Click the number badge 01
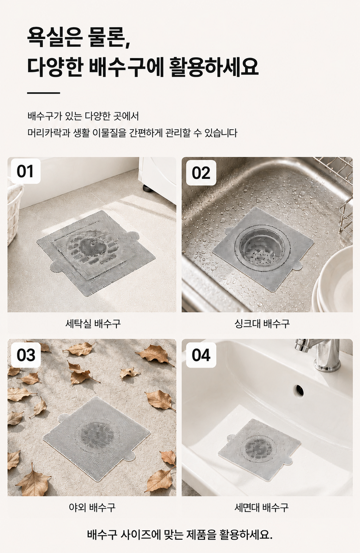point(25,171)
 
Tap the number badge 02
point(201,173)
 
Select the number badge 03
point(26,355)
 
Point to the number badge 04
point(201,355)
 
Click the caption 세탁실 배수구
point(93,323)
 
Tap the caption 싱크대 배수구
point(262,323)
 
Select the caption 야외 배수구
point(92,507)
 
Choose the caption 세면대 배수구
point(262,507)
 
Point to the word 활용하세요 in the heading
point(214,67)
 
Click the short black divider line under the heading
point(43,93)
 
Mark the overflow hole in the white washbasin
point(299,390)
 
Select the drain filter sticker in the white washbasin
point(259,449)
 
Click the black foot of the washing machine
point(147,187)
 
